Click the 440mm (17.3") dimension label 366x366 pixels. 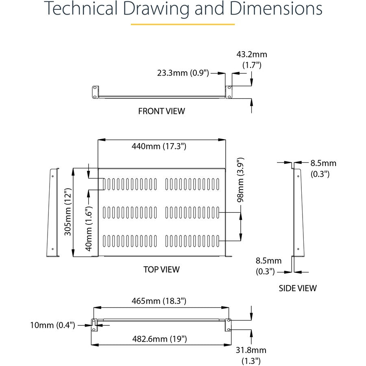(159, 147)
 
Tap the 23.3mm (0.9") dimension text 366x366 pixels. (183, 73)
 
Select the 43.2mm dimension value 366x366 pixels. (252, 54)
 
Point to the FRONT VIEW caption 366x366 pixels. (161, 111)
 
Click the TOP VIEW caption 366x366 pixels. (161, 269)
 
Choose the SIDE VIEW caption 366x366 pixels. (298, 288)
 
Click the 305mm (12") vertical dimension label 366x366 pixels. (68, 212)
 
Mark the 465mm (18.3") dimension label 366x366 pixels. (159, 301)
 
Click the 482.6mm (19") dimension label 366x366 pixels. (159, 338)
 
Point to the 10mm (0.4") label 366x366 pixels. (52, 325)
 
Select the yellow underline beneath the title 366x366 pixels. (183, 25)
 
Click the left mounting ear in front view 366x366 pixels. (95, 91)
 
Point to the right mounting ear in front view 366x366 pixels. (229, 91)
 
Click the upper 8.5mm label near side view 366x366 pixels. (323, 163)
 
